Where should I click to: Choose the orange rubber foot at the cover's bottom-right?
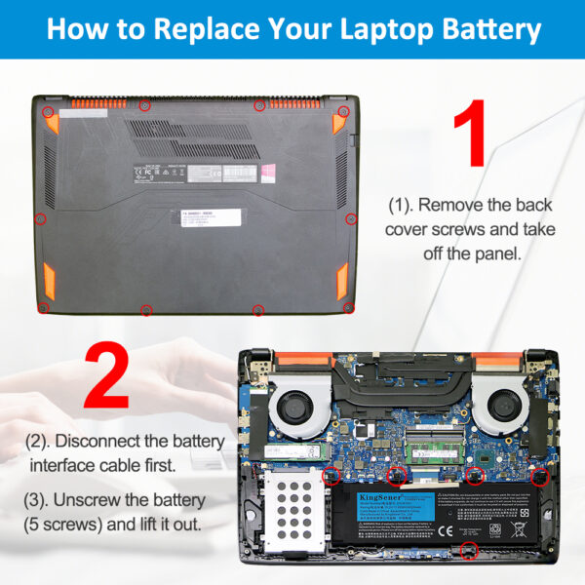coord(341,283)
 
